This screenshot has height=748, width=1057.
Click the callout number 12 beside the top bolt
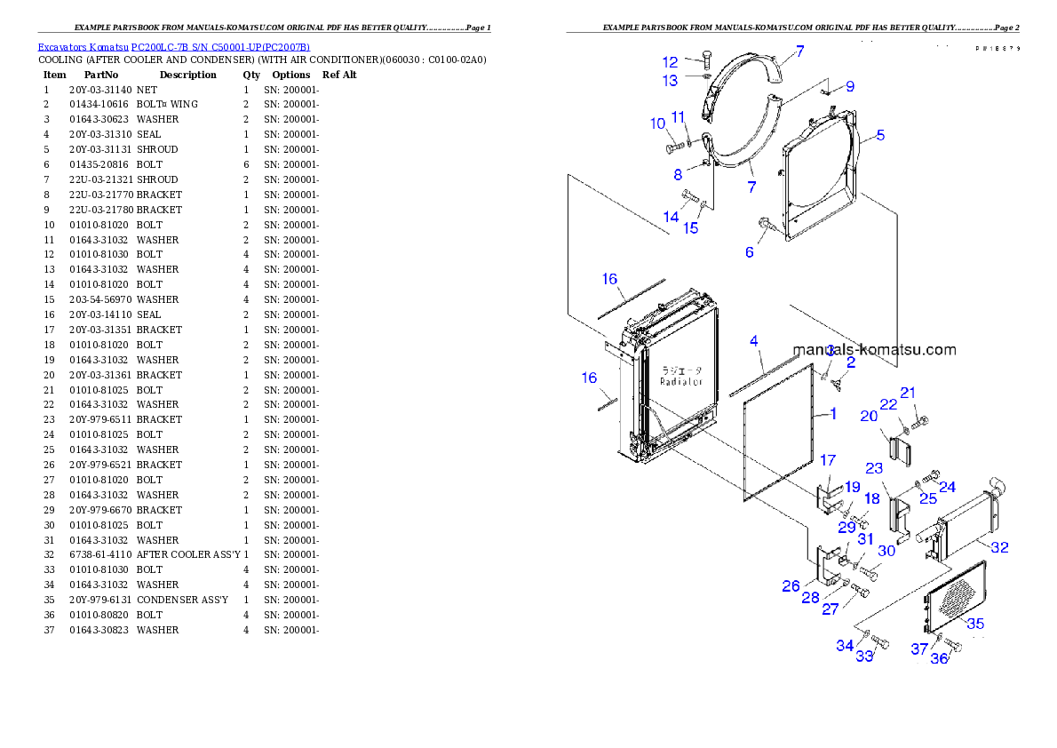click(x=670, y=62)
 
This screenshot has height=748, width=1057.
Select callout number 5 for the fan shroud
click(x=879, y=136)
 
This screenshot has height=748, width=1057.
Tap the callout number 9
click(x=850, y=87)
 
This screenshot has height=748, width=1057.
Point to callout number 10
click(x=657, y=124)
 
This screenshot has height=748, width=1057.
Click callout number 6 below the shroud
click(x=750, y=252)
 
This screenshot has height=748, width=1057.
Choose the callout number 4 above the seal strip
click(x=753, y=341)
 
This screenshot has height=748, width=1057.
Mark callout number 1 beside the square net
click(x=832, y=413)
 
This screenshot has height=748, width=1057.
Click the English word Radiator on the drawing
click(x=681, y=381)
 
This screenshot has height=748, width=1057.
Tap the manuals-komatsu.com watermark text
click(x=874, y=350)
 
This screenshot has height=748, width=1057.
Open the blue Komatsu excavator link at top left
click(x=173, y=47)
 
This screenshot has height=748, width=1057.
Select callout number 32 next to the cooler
click(x=999, y=548)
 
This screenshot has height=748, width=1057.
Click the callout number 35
click(x=975, y=624)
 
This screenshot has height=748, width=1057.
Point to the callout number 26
click(x=791, y=586)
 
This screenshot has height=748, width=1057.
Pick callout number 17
click(x=827, y=460)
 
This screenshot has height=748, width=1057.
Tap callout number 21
click(x=908, y=393)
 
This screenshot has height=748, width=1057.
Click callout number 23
click(x=874, y=468)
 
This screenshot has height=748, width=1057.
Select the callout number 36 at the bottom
click(x=939, y=658)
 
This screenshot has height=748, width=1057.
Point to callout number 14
click(x=671, y=217)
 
